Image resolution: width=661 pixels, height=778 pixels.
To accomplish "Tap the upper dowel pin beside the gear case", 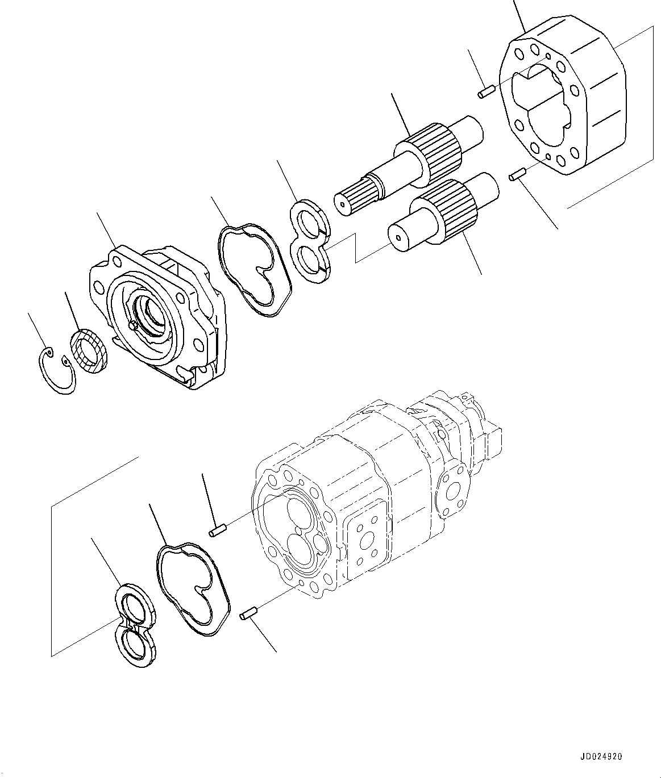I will [485, 92].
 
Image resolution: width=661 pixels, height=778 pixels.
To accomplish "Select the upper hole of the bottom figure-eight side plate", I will [136, 610].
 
